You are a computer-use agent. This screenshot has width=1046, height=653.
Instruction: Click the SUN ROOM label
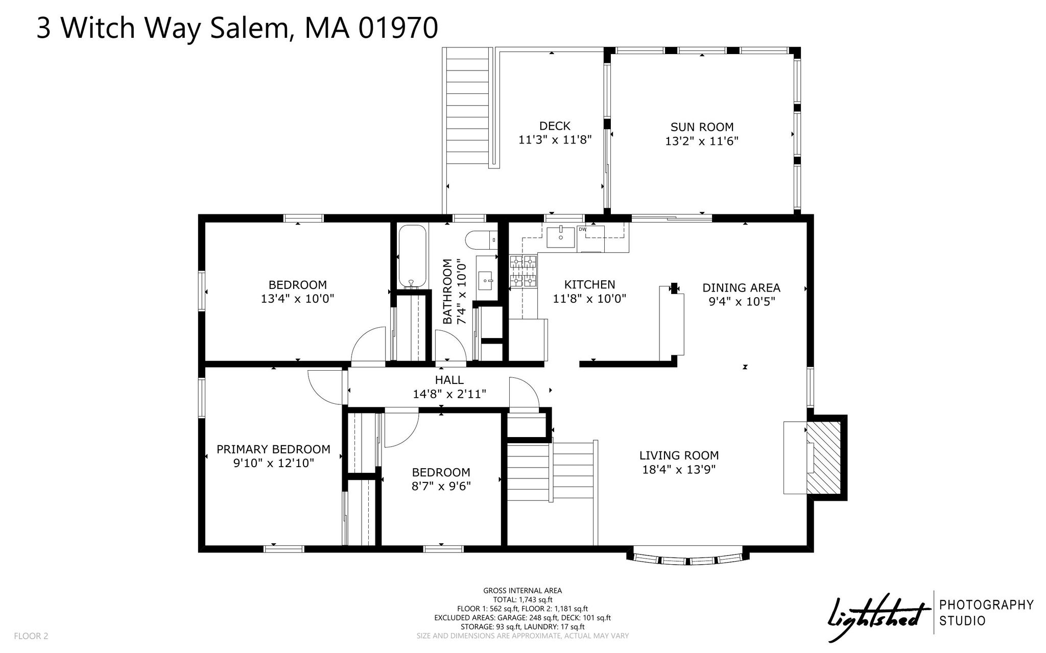(702, 127)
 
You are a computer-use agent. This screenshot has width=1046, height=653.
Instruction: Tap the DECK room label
(555, 126)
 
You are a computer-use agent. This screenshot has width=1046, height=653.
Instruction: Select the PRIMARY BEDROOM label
(273, 449)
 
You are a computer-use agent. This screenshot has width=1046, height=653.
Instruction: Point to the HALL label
(449, 380)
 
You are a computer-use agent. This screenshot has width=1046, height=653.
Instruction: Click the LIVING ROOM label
(679, 455)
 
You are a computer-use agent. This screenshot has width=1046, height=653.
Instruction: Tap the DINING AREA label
(741, 288)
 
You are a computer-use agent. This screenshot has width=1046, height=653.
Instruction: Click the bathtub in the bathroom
(411, 256)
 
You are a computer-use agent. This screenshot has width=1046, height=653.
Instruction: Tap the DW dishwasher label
(582, 229)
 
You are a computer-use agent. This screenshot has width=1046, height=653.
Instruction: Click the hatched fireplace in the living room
(823, 457)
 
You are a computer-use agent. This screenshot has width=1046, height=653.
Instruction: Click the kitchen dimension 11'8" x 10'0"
(589, 299)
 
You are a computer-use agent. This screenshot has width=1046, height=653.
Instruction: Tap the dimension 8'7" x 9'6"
(441, 486)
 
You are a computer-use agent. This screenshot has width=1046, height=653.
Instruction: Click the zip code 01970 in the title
(398, 28)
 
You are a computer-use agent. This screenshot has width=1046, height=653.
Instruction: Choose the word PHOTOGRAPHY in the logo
(987, 605)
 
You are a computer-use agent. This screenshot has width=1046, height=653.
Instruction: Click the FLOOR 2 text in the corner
(31, 636)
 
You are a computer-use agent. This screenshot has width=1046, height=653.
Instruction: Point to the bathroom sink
(486, 279)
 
